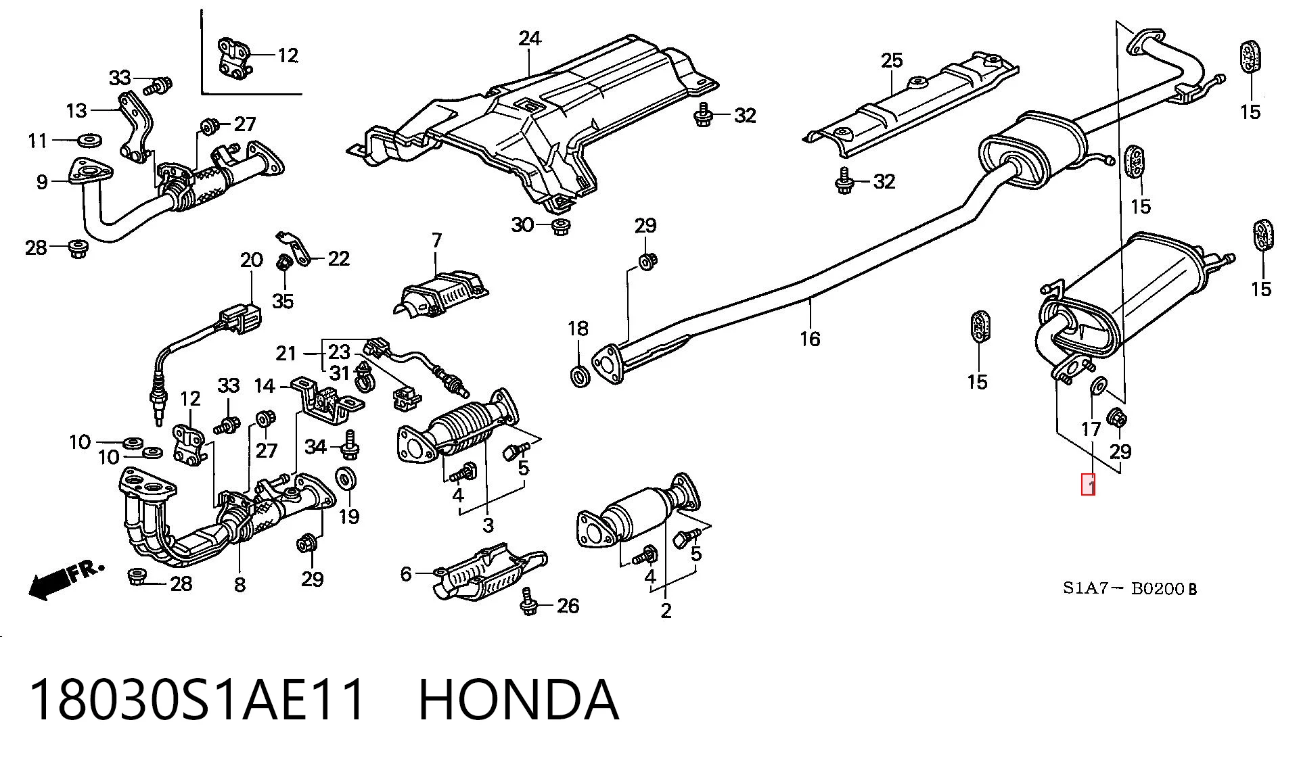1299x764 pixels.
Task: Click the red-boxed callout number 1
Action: [1088, 485]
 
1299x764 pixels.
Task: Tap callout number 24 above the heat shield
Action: [530, 39]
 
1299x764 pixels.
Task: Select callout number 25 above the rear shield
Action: [892, 60]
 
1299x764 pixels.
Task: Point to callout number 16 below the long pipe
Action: [810, 338]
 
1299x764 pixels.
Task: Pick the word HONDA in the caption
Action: [518, 700]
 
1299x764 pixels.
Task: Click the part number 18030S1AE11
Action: [198, 700]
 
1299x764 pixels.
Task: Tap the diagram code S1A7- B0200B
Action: [1129, 588]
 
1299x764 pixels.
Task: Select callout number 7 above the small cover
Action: [436, 240]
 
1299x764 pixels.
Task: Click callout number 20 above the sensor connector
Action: [251, 260]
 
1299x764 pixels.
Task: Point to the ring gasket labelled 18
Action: [580, 375]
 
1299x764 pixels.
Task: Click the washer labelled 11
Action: [88, 141]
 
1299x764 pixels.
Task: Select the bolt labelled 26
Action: [529, 602]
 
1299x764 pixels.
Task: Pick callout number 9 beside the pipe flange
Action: [42, 181]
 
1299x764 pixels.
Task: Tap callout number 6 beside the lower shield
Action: [405, 574]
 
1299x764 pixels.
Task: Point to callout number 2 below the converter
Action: [666, 611]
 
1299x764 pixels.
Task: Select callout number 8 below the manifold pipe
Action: [240, 584]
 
